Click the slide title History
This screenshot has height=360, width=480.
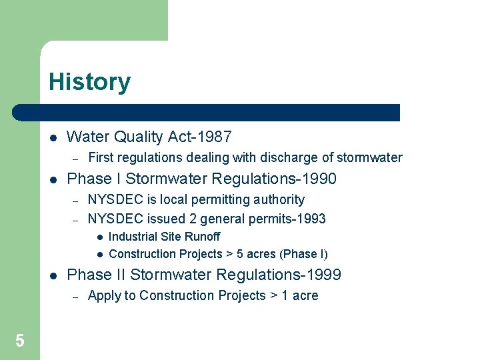coord(89,82)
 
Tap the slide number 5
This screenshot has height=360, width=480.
coord(20,341)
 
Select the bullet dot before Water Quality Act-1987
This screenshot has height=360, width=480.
coord(53,138)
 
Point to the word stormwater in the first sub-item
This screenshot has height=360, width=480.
coord(369,158)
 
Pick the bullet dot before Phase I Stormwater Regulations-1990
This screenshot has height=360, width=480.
coord(53,179)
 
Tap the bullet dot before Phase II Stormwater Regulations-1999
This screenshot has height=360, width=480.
coord(53,275)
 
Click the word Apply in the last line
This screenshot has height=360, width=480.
coord(103,296)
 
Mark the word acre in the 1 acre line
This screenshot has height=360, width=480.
coord(305,296)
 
